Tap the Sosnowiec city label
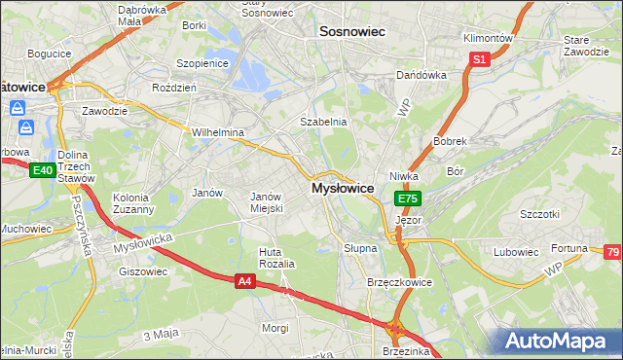(x=352, y=32)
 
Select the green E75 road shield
(x=408, y=198)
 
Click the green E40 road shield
(x=42, y=170)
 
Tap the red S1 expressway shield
(x=479, y=59)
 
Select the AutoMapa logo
(x=557, y=342)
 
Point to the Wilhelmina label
(x=217, y=132)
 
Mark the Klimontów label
(x=488, y=37)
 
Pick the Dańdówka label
(x=421, y=75)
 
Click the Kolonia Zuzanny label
(x=132, y=202)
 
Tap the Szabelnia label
(x=323, y=122)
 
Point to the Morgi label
(x=275, y=328)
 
